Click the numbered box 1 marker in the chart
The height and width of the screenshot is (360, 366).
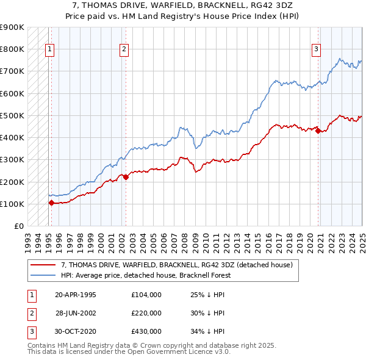click(x=49, y=50)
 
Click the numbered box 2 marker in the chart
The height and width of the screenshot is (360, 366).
click(x=124, y=50)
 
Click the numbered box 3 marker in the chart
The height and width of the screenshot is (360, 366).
click(x=317, y=50)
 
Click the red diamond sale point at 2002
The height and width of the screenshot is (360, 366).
click(x=126, y=178)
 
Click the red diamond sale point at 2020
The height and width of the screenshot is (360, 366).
click(x=318, y=131)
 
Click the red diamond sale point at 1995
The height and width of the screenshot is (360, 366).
click(x=51, y=203)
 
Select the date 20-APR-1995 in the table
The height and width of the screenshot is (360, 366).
click(x=76, y=295)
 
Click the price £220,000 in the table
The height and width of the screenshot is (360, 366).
click(x=146, y=313)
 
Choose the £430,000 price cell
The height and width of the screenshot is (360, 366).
click(x=146, y=331)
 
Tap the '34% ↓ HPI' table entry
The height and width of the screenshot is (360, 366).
click(x=207, y=331)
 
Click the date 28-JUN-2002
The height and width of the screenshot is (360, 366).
click(x=76, y=313)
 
